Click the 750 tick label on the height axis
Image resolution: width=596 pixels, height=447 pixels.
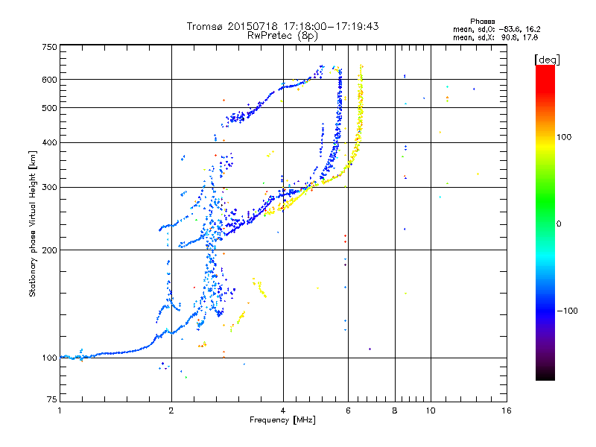pyautogui.click(x=49, y=47)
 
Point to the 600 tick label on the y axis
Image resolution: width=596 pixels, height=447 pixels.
pyautogui.click(x=49, y=79)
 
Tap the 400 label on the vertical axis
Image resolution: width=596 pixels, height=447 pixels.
pyautogui.click(x=49, y=142)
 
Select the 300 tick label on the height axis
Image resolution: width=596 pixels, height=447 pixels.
pyautogui.click(x=49, y=187)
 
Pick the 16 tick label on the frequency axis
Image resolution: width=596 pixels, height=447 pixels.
pyautogui.click(x=507, y=410)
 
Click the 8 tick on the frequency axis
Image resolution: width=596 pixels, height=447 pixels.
pyautogui.click(x=395, y=410)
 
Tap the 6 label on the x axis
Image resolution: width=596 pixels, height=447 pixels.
pyautogui.click(x=346, y=410)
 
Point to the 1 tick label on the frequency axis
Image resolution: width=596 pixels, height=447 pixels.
pyautogui.click(x=60, y=410)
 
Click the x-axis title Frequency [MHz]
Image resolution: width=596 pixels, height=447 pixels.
pyautogui.click(x=282, y=420)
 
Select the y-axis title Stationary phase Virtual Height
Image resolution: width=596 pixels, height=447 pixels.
pyautogui.click(x=33, y=223)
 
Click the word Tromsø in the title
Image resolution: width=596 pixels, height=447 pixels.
pyautogui.click(x=206, y=26)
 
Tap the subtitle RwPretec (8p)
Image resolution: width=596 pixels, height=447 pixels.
pyautogui.click(x=283, y=35)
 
